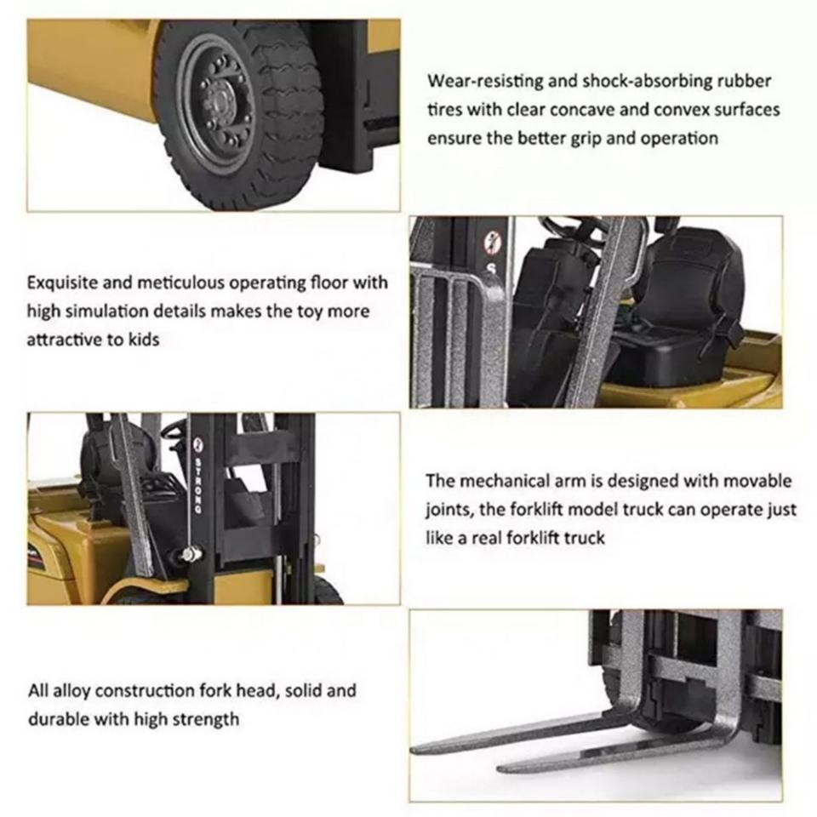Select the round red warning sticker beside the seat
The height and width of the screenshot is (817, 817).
tap(489, 243)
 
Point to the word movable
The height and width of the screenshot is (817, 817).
tap(757, 480)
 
